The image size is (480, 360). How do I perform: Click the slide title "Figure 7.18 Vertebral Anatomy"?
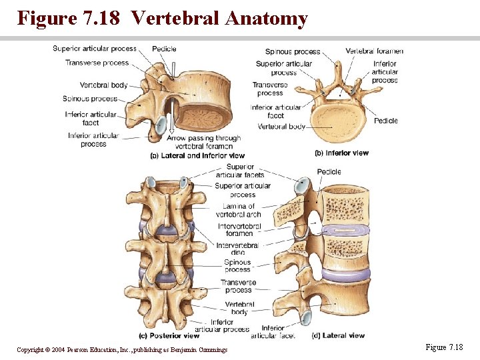pos(162,18)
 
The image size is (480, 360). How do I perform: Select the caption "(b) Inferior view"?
pos(341,153)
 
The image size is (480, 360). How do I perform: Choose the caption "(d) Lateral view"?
pos(343,336)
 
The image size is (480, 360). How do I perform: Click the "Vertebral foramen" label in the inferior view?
pos(374,51)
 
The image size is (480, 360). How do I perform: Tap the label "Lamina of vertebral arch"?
pos(239,211)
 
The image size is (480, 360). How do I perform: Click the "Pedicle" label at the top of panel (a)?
pos(164,49)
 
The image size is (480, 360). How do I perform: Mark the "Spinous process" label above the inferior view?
pos(293,51)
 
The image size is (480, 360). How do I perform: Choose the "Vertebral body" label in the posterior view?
pos(239,308)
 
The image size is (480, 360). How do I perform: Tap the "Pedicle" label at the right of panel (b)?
pos(385,121)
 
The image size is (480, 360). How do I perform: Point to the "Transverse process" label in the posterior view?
pos(238,287)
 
